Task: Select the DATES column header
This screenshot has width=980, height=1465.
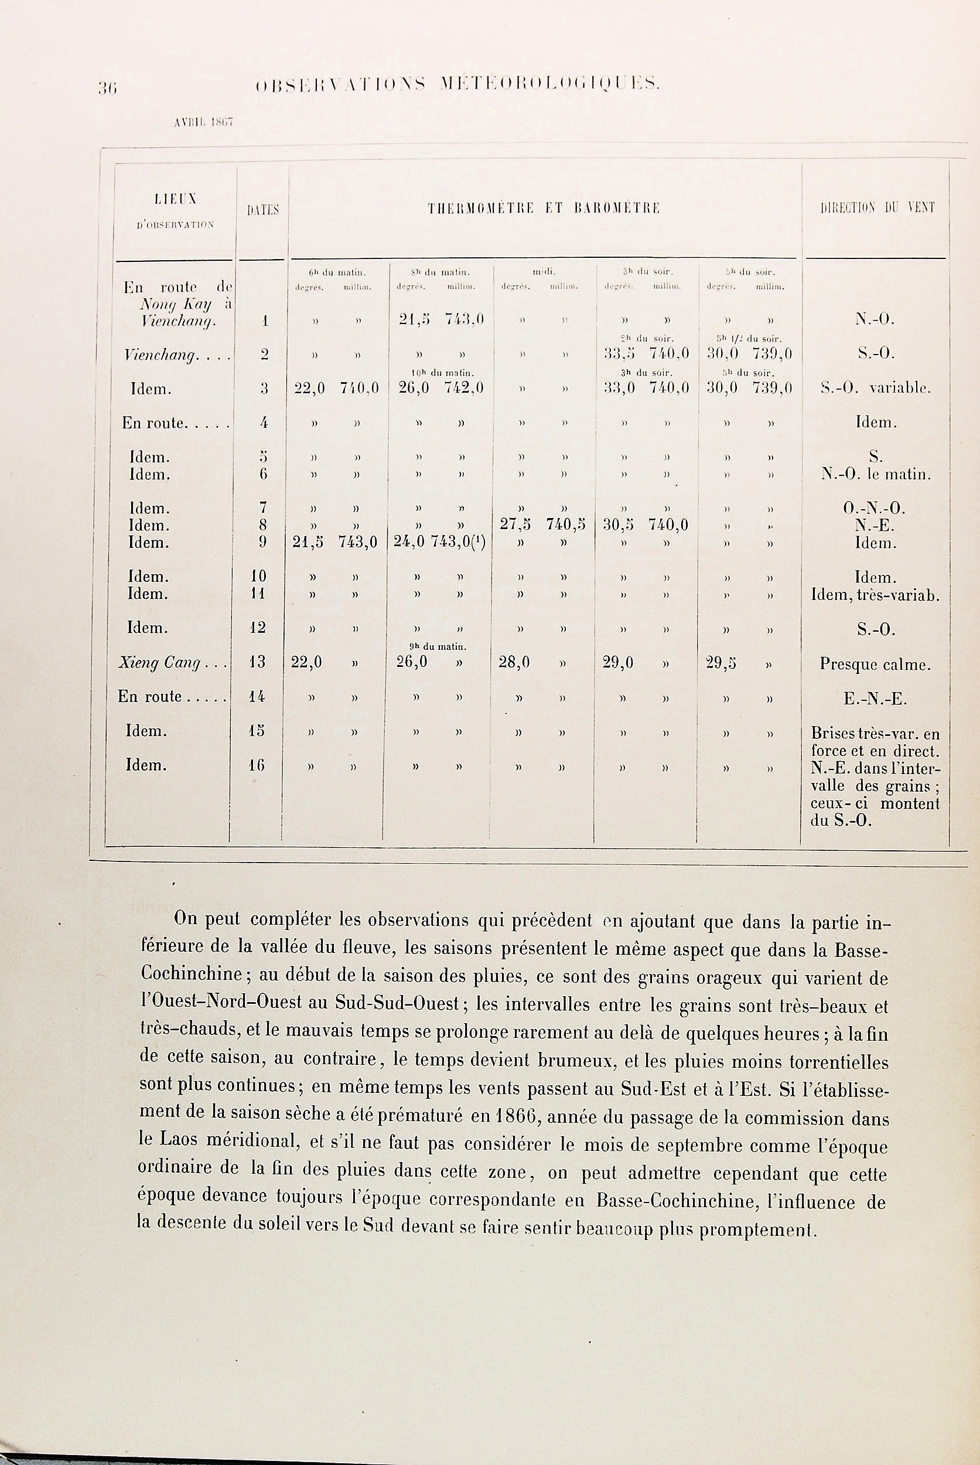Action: pyautogui.click(x=263, y=211)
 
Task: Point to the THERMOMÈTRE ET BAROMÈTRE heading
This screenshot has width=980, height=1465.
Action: pyautogui.click(x=543, y=209)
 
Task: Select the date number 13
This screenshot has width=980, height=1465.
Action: pyautogui.click(x=257, y=662)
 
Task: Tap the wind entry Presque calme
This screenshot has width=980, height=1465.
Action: pyautogui.click(x=875, y=665)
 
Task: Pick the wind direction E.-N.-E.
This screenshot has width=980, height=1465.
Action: pyautogui.click(x=875, y=699)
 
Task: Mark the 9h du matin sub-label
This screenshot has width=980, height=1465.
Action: pyautogui.click(x=439, y=646)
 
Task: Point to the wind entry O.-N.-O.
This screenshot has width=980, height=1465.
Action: pyautogui.click(x=875, y=508)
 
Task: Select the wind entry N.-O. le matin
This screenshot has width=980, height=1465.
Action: pyautogui.click(x=876, y=475)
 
